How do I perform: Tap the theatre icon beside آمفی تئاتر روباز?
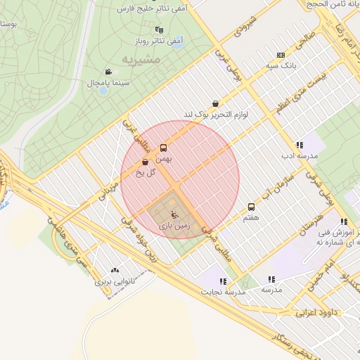point(160,30)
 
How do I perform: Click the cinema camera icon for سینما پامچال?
point(108,72)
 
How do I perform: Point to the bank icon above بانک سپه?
point(281,55)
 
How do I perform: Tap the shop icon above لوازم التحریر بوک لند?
point(214,103)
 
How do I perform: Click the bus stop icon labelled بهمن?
point(163,148)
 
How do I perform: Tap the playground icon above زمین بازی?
point(174,214)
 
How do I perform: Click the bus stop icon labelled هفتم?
point(251,207)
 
